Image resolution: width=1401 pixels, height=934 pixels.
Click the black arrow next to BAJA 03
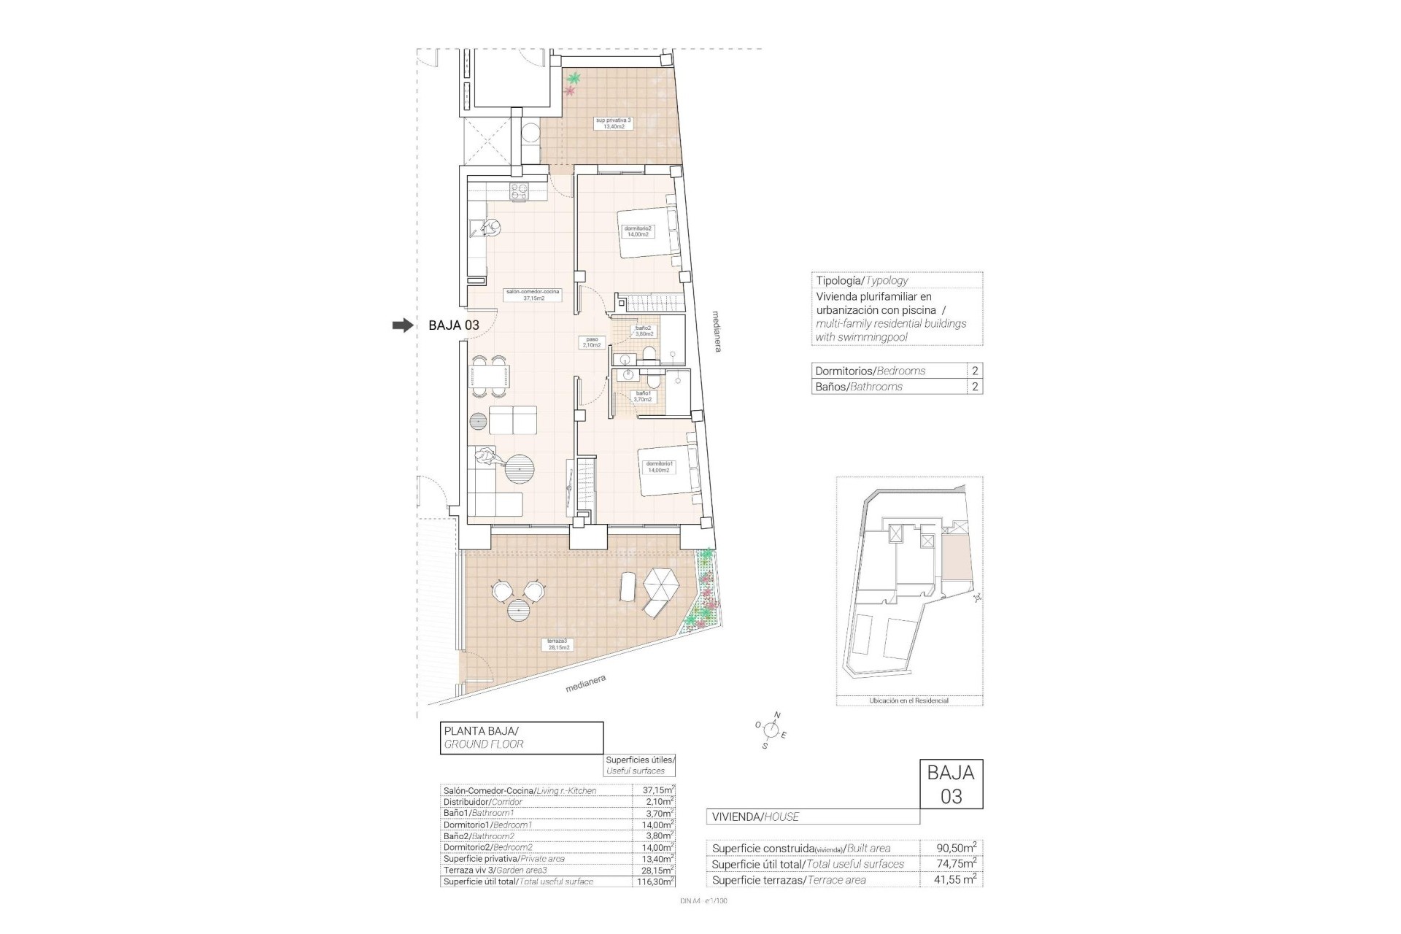[x=402, y=325]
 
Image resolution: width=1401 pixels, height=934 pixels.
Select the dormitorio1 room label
[x=659, y=466]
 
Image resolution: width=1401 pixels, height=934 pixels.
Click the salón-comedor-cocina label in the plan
[x=532, y=294]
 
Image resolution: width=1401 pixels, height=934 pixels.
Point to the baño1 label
[x=643, y=396]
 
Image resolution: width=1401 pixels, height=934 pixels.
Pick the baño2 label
[x=644, y=331]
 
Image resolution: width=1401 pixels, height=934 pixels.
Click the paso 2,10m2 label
[x=592, y=341]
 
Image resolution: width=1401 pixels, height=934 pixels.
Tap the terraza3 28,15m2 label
[x=558, y=644]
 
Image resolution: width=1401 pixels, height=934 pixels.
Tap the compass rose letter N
[x=777, y=715]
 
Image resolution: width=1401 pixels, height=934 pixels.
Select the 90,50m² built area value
[x=956, y=848]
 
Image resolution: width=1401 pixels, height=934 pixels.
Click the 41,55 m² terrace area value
[x=956, y=880]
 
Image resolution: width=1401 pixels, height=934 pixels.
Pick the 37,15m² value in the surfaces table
[x=652, y=790]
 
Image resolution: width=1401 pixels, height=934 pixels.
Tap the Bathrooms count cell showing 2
[x=975, y=387]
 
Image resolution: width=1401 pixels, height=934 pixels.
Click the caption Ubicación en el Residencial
[x=908, y=700]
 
